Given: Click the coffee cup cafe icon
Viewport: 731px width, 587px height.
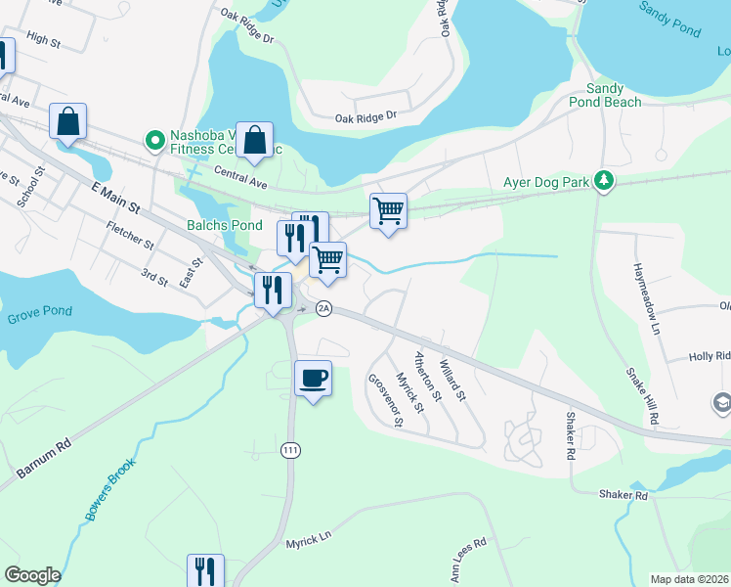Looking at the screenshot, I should click(x=313, y=378).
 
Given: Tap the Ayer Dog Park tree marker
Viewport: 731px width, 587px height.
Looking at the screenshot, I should click(x=605, y=180).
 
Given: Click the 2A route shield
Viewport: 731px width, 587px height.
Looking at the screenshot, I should click(x=324, y=308).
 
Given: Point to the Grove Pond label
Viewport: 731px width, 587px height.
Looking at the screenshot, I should click(x=39, y=318).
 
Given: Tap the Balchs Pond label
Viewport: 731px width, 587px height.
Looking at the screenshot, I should click(x=225, y=225).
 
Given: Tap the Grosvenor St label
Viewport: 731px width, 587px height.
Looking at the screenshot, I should click(x=385, y=400).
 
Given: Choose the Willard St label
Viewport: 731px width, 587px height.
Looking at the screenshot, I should click(x=452, y=382).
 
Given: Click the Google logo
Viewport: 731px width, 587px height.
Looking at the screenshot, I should click(x=32, y=575).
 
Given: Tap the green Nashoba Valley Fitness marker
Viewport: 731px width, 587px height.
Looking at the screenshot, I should click(x=153, y=141).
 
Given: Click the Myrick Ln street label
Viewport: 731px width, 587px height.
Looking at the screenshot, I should click(x=309, y=540).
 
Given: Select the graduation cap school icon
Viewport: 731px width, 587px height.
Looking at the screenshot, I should click(x=721, y=402).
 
